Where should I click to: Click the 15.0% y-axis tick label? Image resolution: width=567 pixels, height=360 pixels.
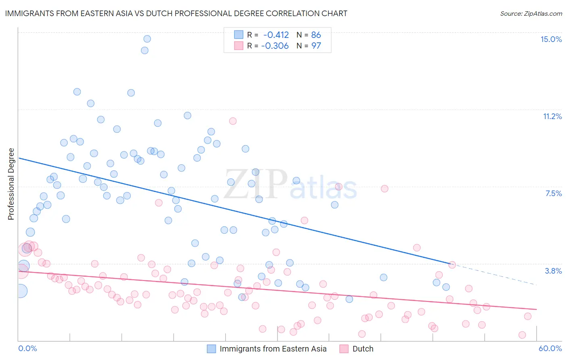(x=551, y=39)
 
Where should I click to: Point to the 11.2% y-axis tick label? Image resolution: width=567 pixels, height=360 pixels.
(x=552, y=116)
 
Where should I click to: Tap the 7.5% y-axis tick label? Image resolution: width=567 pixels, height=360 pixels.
(x=553, y=193)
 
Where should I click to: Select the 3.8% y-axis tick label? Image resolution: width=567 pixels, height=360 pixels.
(x=553, y=271)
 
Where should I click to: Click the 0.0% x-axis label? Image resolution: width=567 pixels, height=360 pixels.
(x=27, y=348)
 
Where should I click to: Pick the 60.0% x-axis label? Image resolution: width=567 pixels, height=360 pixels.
(x=550, y=348)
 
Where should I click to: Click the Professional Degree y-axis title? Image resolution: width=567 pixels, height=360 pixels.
(x=11, y=184)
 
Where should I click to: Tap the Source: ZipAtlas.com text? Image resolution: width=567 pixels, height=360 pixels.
(x=531, y=13)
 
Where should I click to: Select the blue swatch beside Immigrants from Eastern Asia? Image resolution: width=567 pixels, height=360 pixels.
(x=211, y=349)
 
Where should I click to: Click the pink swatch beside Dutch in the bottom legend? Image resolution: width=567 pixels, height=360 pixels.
(x=344, y=349)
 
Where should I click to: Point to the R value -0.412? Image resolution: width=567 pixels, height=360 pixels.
(x=276, y=35)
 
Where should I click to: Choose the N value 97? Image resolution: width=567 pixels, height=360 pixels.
(x=316, y=46)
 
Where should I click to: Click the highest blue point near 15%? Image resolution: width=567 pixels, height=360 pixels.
(x=147, y=39)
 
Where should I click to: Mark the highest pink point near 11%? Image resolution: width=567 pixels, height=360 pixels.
(x=233, y=121)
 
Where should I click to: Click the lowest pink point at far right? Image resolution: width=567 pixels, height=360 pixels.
(x=522, y=335)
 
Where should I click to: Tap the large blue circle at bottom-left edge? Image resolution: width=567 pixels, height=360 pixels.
(x=21, y=291)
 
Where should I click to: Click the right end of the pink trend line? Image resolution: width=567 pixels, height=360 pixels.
(x=536, y=309)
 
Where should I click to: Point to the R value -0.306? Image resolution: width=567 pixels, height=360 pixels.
(x=275, y=46)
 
